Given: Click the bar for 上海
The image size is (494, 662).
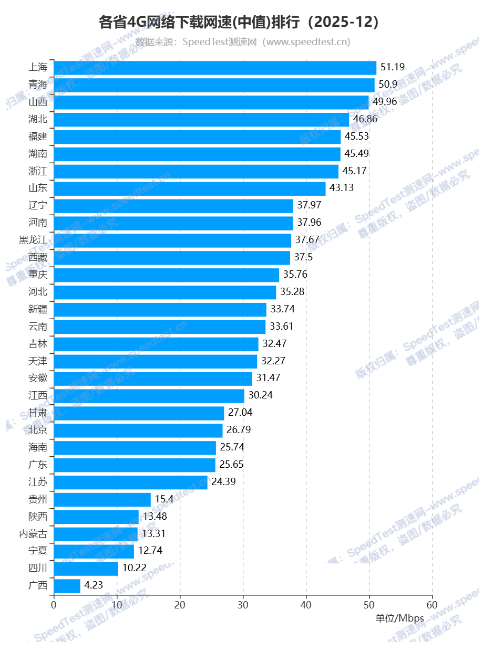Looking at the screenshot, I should coord(215,68).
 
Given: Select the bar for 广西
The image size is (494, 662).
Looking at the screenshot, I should coord(67,586).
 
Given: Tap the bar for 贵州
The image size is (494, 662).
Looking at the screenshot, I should coord(102,499).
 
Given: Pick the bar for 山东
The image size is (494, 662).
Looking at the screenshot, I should coord(190,188).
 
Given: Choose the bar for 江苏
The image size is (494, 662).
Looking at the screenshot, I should coord(131,482).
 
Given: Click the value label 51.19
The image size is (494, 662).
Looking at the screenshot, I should coord(393,67).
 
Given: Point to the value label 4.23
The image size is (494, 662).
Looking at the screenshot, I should coord(94,585).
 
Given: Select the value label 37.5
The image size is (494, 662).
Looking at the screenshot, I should coord(304,257).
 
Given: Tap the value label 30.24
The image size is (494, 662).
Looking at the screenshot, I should coord(261,395).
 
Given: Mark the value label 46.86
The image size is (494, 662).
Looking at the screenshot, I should coord(365,119).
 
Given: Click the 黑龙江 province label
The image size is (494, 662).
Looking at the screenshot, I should coord(33,240).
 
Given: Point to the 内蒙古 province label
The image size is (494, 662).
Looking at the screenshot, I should coord(33,534).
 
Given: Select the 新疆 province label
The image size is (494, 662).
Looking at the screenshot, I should coord(38,309).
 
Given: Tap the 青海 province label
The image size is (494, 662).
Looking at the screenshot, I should coord(38,85).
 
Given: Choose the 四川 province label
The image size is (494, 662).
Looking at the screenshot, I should coord(38,568).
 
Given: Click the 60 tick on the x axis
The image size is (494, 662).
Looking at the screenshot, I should coord(432,605).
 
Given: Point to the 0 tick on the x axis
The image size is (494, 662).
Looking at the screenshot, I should coord(54,605).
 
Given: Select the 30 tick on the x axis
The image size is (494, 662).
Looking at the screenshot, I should coord(243,605).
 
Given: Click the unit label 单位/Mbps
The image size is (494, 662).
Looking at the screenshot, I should coord(399,618).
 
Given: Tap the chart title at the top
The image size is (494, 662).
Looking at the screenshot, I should coord(239,23).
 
